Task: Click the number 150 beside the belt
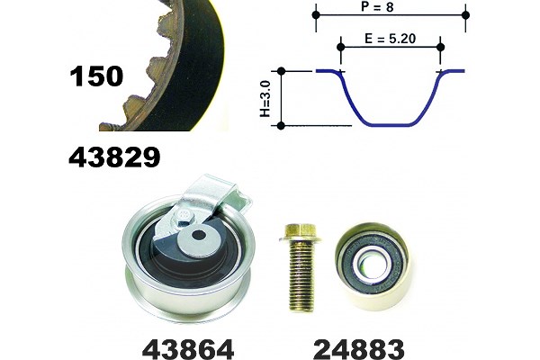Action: tap(96, 76)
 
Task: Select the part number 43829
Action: tap(114, 157)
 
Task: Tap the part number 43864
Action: tap(188, 349)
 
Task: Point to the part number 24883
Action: tap(358, 349)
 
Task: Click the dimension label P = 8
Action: tap(377, 6)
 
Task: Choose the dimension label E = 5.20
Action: tap(391, 38)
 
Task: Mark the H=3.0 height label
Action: tap(265, 99)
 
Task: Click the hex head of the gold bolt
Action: tap(301, 233)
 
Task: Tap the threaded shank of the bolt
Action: tap(302, 275)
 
